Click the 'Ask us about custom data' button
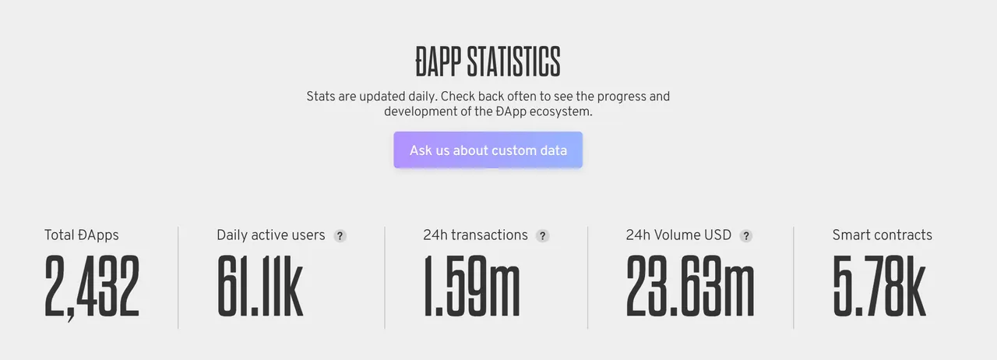pyautogui.click(x=488, y=150)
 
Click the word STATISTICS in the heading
pyautogui.click(x=513, y=62)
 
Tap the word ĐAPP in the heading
pyautogui.click(x=438, y=62)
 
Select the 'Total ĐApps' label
pyautogui.click(x=82, y=235)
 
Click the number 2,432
pyautogui.click(x=92, y=287)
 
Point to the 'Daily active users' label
pyautogui.click(x=270, y=235)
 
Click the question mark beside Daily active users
pyautogui.click(x=340, y=235)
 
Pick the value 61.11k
pyautogui.click(x=260, y=286)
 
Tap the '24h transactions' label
pyautogui.click(x=475, y=235)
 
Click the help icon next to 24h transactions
pyautogui.click(x=543, y=235)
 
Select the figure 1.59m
pyautogui.click(x=471, y=286)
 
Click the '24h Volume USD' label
pyautogui.click(x=678, y=235)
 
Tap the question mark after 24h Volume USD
pyautogui.click(x=746, y=235)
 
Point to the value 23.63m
pyautogui.click(x=690, y=286)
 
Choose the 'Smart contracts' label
pyautogui.click(x=883, y=235)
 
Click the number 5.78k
pyautogui.click(x=879, y=286)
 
